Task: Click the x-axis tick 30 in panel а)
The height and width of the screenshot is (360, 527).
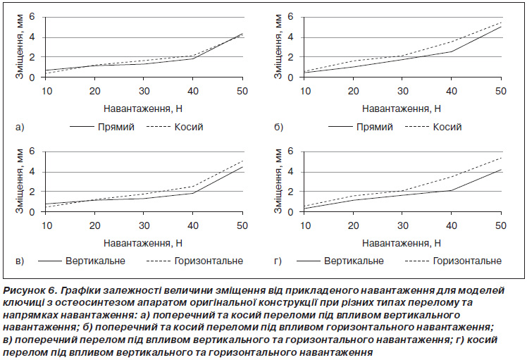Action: pyautogui.click(x=144, y=91)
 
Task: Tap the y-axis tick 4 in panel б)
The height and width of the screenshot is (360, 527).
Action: pyautogui.click(x=290, y=37)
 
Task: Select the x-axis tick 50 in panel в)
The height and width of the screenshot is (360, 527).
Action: pyautogui.click(x=242, y=225)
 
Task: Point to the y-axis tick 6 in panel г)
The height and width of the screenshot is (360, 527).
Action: pyautogui.click(x=290, y=151)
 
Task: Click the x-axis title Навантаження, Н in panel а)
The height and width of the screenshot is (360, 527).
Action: pyautogui.click(x=143, y=109)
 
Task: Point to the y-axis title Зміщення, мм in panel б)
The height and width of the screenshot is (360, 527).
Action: pyautogui.click(x=278, y=46)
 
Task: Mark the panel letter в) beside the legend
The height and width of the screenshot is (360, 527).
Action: pyautogui.click(x=20, y=261)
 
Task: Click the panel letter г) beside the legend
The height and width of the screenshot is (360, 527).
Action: pyautogui.click(x=278, y=261)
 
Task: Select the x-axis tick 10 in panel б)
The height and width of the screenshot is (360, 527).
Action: pyautogui.click(x=305, y=91)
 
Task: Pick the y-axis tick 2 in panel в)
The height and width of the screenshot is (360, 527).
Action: pyautogui.click(x=32, y=191)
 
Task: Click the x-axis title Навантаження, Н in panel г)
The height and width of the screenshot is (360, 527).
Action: pyautogui.click(x=402, y=243)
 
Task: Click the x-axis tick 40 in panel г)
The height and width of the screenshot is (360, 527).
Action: pyautogui.click(x=452, y=225)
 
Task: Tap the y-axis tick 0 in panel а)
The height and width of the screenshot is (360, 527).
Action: pyautogui.click(x=32, y=77)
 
